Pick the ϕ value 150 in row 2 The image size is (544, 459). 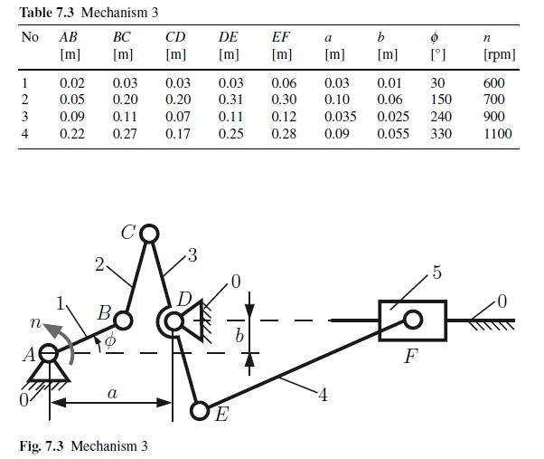[x=440, y=100]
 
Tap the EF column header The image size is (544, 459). [x=281, y=38]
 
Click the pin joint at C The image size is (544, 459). [x=150, y=234]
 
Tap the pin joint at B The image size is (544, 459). [x=124, y=320]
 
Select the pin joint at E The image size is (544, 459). [x=200, y=410]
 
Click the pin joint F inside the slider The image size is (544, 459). [x=413, y=319]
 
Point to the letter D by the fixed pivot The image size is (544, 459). [x=184, y=299]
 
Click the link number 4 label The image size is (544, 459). [x=324, y=395]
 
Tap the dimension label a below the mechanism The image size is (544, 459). [x=112, y=392]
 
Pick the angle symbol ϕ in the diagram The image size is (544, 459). [x=110, y=341]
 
